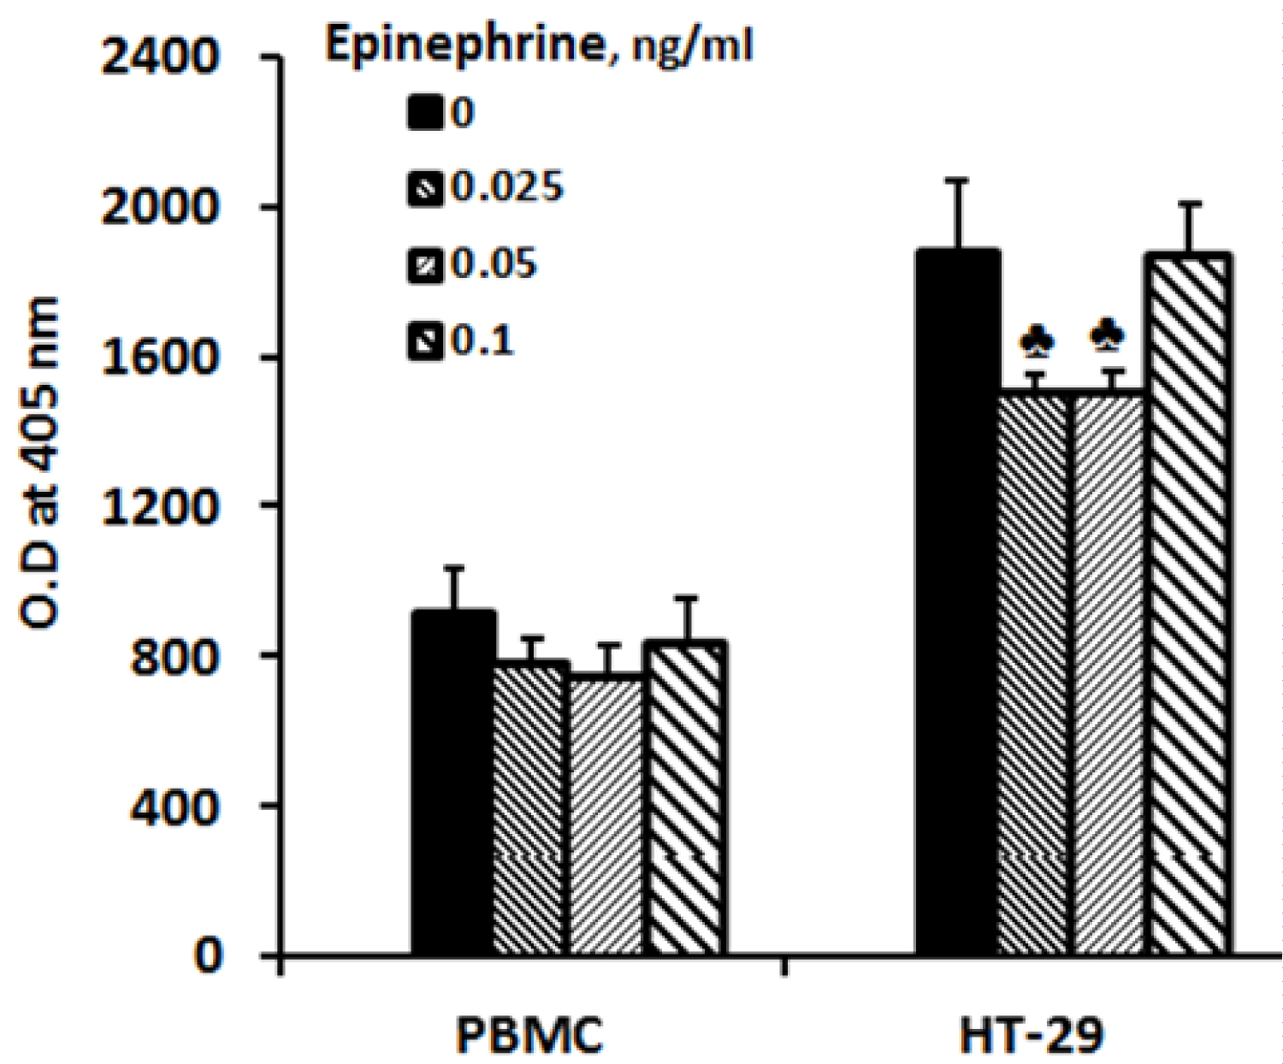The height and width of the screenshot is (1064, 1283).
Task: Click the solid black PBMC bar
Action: (x=453, y=783)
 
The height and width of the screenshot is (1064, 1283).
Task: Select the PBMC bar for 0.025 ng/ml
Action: (x=531, y=808)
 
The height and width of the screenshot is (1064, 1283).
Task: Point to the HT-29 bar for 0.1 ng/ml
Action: (x=1190, y=604)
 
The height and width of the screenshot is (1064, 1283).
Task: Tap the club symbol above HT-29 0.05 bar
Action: (x=1109, y=336)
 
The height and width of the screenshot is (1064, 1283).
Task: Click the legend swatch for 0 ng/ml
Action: (x=425, y=113)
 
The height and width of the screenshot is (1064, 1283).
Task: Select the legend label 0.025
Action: (x=507, y=186)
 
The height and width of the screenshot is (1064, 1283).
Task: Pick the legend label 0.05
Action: (x=494, y=263)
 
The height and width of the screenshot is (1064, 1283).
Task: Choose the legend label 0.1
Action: (x=482, y=340)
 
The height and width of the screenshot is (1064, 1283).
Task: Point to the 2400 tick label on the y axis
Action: (x=160, y=59)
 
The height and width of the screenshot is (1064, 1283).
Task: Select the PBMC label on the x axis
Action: (x=529, y=1035)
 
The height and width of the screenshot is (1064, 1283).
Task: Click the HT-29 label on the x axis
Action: (x=1032, y=1035)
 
